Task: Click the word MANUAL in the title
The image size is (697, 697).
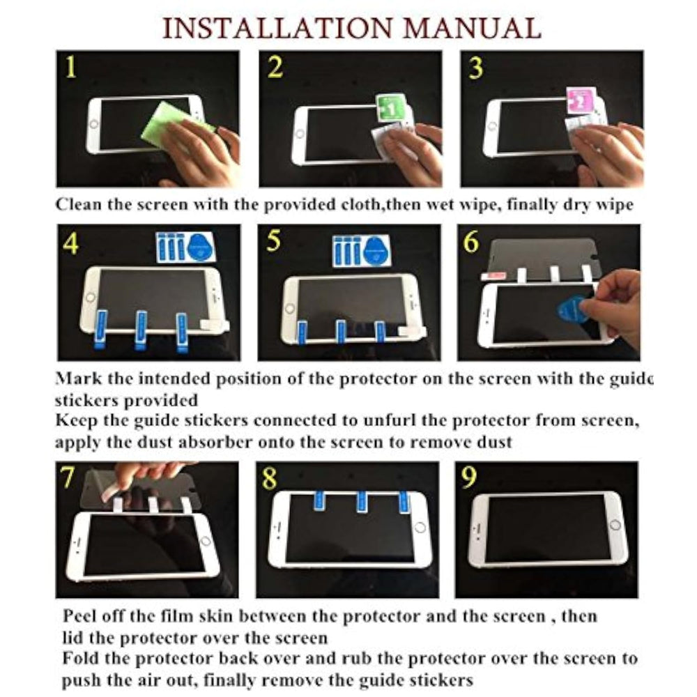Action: (473, 29)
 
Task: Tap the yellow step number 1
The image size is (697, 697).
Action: (70, 68)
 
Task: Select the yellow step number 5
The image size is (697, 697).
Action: (273, 240)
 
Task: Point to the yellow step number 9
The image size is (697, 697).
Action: (469, 476)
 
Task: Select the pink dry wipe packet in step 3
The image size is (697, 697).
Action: (583, 100)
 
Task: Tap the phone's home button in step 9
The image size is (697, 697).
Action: (615, 525)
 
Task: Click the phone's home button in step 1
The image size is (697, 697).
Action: (93, 124)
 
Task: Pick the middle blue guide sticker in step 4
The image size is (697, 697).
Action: (141, 329)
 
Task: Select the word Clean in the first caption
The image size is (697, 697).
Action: (78, 204)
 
